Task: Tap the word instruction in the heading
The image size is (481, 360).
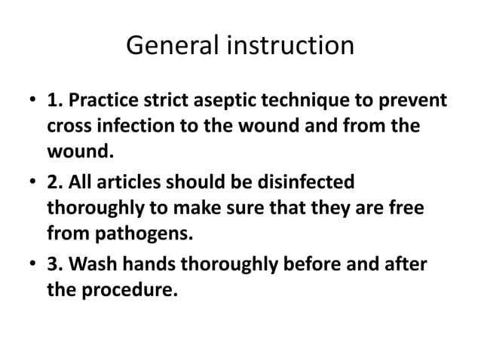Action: click(291, 47)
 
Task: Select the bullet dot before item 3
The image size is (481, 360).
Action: click(32, 265)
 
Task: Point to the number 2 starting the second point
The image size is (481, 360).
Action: click(54, 183)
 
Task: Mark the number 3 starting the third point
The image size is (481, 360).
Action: click(54, 264)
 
